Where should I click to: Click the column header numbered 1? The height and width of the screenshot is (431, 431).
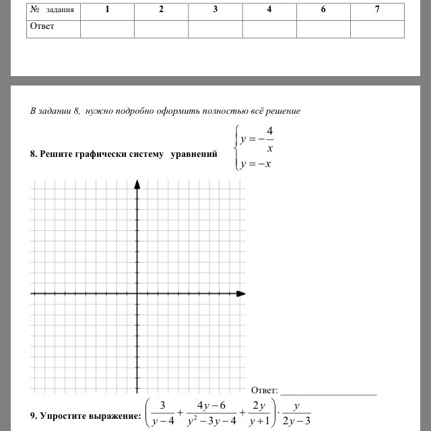[107, 10]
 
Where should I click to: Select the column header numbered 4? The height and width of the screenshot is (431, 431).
[269, 10]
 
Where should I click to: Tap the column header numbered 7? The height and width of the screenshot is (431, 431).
[376, 10]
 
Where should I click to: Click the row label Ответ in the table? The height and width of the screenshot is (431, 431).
[41, 26]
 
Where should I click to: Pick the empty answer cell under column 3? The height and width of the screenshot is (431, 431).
[215, 28]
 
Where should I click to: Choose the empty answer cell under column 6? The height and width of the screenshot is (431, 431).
[323, 28]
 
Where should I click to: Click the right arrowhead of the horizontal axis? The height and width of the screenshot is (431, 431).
[241, 294]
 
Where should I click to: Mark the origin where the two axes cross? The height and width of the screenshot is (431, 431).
[137, 294]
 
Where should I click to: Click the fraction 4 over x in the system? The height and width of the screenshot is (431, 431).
[269, 139]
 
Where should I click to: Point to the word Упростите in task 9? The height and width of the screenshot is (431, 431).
[67, 416]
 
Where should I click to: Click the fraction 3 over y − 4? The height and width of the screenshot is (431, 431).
[162, 415]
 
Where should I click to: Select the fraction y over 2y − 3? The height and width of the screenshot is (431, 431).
[296, 415]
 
